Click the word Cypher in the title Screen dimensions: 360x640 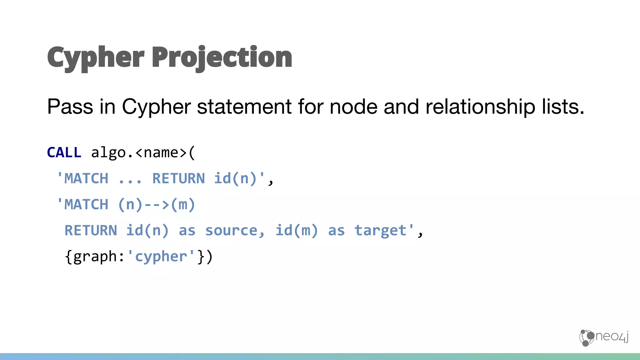point(96,58)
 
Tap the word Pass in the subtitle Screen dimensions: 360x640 point(70,107)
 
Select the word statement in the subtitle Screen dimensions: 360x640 point(244,107)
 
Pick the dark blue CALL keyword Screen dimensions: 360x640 point(64,153)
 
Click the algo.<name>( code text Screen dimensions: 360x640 point(143,153)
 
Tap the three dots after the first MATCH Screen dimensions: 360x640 point(130,179)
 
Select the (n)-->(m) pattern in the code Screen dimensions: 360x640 point(157,205)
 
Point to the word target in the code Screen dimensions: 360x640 point(381,231)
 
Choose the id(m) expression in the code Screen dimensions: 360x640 point(297,231)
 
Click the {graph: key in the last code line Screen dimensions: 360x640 point(95,257)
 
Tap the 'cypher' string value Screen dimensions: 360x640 point(161,257)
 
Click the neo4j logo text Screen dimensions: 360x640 point(612,337)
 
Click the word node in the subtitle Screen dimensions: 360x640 point(353,107)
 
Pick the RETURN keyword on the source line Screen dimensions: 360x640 point(91,231)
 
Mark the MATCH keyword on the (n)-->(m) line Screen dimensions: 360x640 point(86,205)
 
